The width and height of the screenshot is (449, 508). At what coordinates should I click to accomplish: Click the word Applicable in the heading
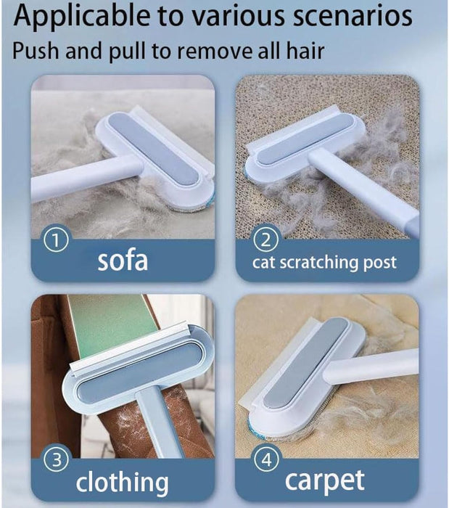(x=82, y=16)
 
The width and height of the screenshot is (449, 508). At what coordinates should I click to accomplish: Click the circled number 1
(x=56, y=240)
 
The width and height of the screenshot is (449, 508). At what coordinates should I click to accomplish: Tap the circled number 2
(x=265, y=240)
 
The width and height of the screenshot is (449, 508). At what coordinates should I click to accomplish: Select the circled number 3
(x=57, y=460)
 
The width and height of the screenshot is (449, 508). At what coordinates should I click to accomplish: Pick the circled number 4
(x=267, y=460)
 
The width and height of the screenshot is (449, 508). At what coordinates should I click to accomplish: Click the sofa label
(x=123, y=261)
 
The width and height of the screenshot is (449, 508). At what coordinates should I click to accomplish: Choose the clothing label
(x=123, y=482)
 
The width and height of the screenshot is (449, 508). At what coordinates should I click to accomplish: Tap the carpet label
(x=325, y=480)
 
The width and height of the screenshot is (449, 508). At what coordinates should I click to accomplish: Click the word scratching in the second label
(x=319, y=263)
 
